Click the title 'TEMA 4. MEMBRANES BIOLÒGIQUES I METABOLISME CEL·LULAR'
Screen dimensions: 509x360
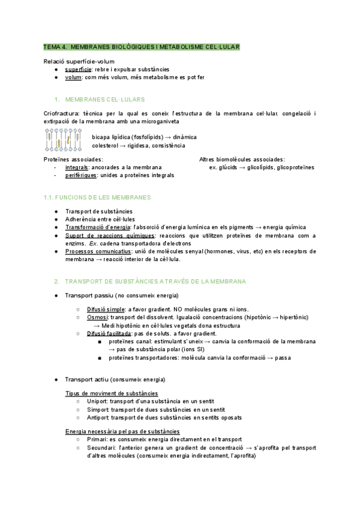click(x=142, y=46)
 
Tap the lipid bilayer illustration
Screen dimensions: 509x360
click(x=64, y=140)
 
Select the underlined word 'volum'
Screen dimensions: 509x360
click(x=74, y=77)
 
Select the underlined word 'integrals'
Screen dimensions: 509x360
click(x=78, y=167)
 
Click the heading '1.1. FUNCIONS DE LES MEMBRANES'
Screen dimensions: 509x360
click(x=97, y=197)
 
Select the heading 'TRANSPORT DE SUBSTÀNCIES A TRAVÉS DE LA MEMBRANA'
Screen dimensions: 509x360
click(x=155, y=281)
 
